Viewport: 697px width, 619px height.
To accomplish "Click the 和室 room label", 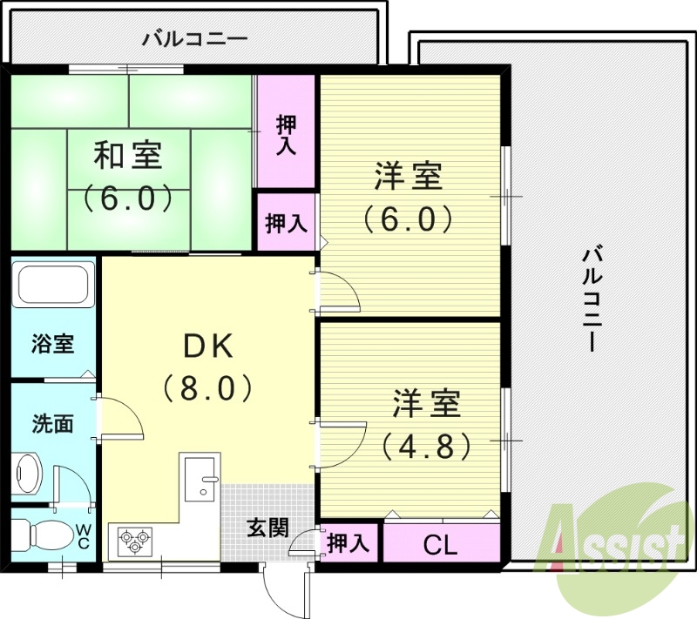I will [127, 156].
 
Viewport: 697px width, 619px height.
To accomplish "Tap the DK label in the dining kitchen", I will [207, 347].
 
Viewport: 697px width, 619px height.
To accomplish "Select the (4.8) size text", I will [427, 447].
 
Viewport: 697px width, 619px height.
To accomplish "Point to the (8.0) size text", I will [207, 387].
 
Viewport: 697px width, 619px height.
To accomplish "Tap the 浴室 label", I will [52, 344].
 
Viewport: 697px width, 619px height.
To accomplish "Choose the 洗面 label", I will [52, 424].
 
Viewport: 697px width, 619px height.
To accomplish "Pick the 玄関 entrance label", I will [267, 528].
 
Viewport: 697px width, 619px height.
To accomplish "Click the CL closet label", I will [440, 546].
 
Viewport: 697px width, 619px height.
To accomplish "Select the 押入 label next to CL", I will [348, 543].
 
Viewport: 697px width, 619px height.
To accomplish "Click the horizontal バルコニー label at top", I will [194, 38].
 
